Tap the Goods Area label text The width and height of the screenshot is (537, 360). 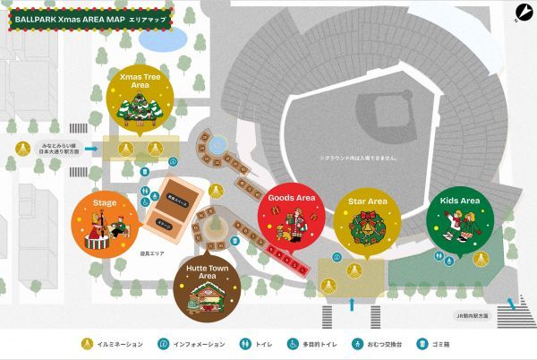pyautogui.click(x=293, y=197)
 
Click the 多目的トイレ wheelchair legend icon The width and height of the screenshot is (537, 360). pyautogui.click(x=292, y=343)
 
